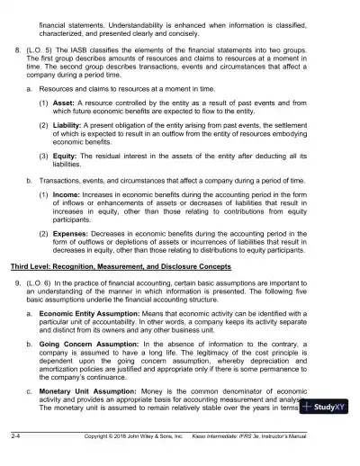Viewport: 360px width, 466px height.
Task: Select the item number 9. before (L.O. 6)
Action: click(17, 309)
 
